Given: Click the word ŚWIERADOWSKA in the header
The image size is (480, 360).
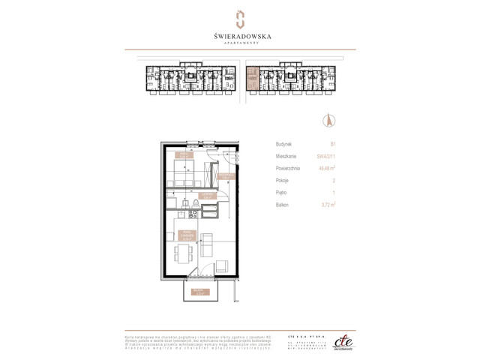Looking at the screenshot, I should click(x=240, y=34).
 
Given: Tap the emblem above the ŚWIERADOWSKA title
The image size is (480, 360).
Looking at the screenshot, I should click(x=240, y=18).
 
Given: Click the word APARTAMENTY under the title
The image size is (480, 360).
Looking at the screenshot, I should click(x=240, y=43).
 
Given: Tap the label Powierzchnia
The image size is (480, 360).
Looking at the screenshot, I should click(x=288, y=169).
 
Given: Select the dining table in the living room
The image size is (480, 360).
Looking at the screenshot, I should click(x=182, y=253).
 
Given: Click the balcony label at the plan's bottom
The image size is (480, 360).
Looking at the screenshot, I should click(x=197, y=292).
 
